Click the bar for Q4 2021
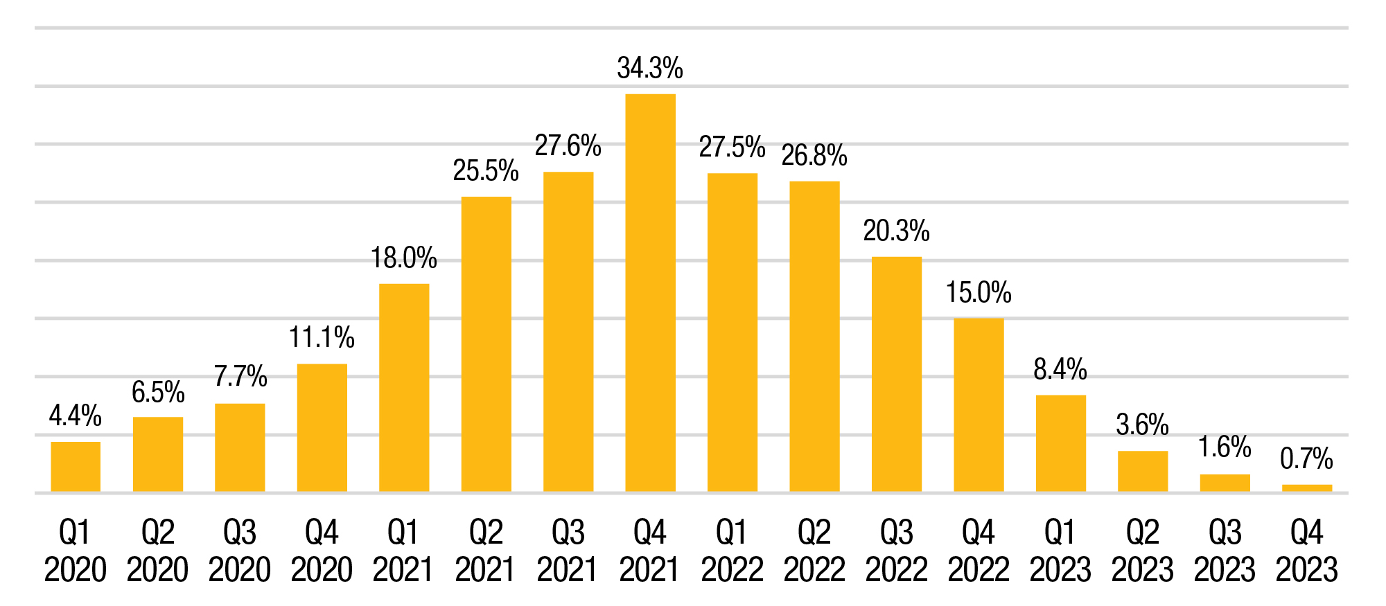coord(650,293)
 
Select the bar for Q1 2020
coord(76,467)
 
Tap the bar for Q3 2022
coord(896,374)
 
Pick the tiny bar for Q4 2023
coord(1306,488)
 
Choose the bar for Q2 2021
coord(486,344)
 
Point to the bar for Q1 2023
coord(1060,443)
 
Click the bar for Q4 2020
coord(322,428)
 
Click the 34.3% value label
coord(650,69)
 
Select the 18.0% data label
coord(404,258)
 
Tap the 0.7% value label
coord(1306,458)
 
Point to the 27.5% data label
coord(732,148)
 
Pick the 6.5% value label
coord(158,393)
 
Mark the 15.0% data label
coord(979,293)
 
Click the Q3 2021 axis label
coord(568,551)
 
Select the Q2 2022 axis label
coord(814,551)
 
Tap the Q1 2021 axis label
coord(404,551)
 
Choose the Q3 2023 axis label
coord(1225,551)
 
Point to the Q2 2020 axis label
coord(158,551)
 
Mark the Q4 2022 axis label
coord(979,551)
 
